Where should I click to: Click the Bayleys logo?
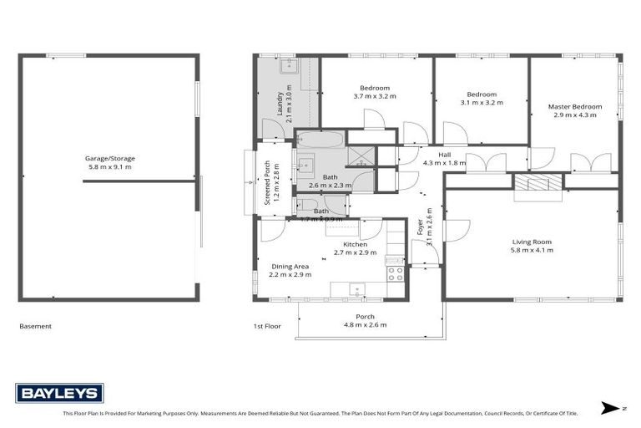pos(59,393)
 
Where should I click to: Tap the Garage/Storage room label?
pos(109,158)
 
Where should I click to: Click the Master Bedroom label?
pos(575,107)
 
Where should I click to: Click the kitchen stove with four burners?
pos(395,272)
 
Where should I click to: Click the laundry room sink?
pos(289,66)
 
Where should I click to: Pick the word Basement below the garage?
pos(35,326)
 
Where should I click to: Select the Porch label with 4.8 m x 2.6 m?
pos(366,321)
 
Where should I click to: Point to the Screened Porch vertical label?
pos(268,182)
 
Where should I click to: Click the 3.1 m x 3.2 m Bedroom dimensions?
pos(482,103)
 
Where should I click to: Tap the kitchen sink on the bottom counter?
pos(357,290)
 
